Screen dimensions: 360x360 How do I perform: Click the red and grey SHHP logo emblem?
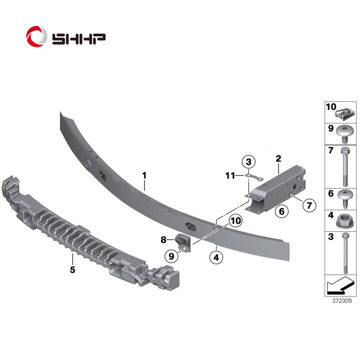(x=36, y=36)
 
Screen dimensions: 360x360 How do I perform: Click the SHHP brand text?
(x=79, y=39)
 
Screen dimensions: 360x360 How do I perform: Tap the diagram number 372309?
(x=342, y=301)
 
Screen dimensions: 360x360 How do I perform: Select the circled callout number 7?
(x=309, y=205)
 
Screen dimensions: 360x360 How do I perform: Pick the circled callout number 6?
(x=282, y=211)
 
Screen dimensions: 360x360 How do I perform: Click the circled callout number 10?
(x=235, y=220)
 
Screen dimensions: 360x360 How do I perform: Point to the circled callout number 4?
(x=216, y=257)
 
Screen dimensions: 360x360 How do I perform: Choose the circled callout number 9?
(x=171, y=256)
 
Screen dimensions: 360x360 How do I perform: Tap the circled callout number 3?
(x=249, y=162)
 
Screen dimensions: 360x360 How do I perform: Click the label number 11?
(x=230, y=175)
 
